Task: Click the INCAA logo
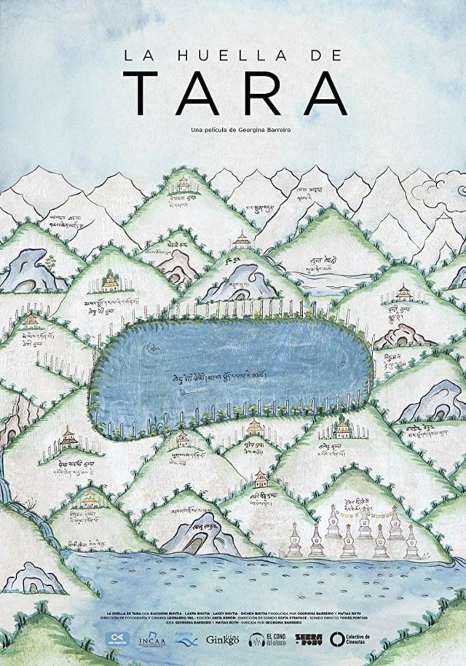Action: coord(146,639)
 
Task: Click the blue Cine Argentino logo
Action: coord(113,639)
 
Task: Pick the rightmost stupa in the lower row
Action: coord(411,543)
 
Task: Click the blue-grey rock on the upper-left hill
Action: coord(29,270)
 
